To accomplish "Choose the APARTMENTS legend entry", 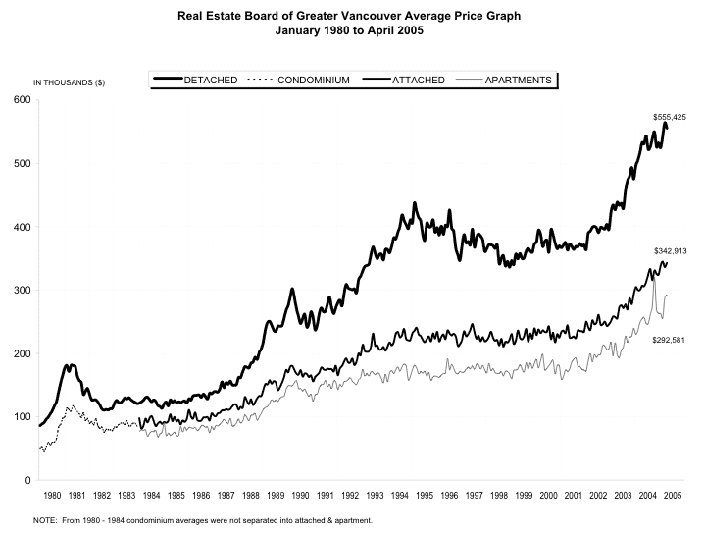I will click(x=517, y=79).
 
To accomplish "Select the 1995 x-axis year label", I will click(x=424, y=496).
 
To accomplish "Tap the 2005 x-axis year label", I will click(x=672, y=496).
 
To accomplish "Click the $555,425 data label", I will click(x=669, y=117).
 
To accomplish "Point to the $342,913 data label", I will click(x=670, y=251).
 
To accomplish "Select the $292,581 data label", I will click(x=669, y=339).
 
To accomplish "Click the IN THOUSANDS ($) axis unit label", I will click(x=70, y=81).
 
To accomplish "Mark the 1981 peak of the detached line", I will click(x=69, y=365).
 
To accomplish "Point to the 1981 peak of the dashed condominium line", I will click(x=71, y=405).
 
